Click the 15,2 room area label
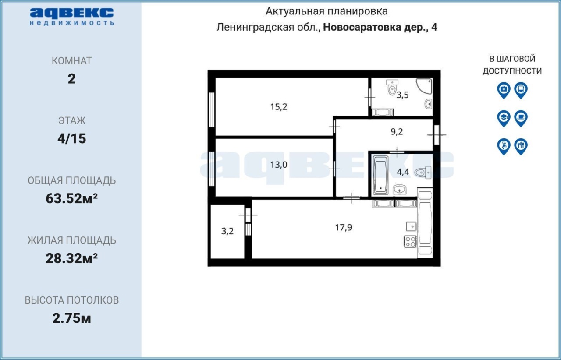pos(278,107)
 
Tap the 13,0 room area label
pos(278,165)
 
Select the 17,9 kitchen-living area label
pos(343,227)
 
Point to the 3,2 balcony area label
pos(227,231)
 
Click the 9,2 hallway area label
pos(397,131)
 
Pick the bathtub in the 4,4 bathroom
pos(380,175)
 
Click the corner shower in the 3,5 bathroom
pos(424,86)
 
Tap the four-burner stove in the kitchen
pos(410,242)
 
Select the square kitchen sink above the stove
pos(411,226)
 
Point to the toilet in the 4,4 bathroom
pos(423,172)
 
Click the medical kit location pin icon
pos(504,90)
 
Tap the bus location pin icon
pos(521,90)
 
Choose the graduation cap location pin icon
pos(504,118)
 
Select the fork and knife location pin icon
pos(521,146)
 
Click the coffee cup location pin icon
pos(521,118)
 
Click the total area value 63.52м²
pos(71,198)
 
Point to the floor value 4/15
pos(71,138)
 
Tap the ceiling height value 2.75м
pos(71,318)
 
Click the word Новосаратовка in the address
pos(362,27)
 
